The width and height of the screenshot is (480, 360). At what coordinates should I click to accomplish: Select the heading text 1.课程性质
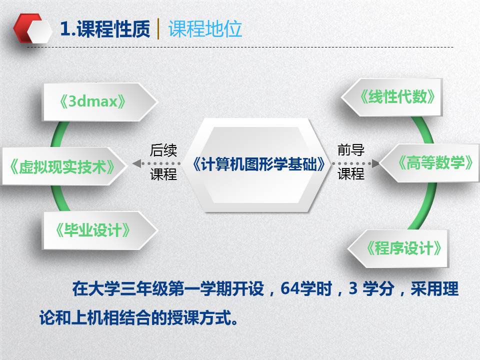tap(105, 29)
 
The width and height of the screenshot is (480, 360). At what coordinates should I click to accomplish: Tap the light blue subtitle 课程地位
tap(205, 29)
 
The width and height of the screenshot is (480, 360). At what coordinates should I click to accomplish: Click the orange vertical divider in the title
tap(158, 29)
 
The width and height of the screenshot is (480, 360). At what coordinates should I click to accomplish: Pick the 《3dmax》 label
tap(92, 101)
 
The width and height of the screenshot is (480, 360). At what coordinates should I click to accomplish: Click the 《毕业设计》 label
tap(92, 230)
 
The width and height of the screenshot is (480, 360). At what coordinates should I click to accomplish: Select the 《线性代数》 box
tap(391, 97)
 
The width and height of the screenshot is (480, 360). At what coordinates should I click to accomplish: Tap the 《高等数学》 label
tap(435, 162)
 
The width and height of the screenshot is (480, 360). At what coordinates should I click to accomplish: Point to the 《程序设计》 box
tap(398, 248)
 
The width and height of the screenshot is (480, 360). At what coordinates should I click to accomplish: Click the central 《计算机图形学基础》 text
tap(259, 164)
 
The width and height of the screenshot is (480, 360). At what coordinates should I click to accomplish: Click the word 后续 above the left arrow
tap(163, 150)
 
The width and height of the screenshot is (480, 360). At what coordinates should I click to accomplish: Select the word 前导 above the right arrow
tap(351, 150)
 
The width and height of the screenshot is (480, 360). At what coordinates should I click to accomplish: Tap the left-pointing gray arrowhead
tap(136, 163)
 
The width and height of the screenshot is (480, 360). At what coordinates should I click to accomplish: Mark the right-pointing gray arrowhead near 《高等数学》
tap(375, 163)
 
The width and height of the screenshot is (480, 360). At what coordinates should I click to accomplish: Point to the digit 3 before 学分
tap(353, 288)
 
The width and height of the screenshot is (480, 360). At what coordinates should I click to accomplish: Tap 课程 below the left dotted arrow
tap(163, 174)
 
